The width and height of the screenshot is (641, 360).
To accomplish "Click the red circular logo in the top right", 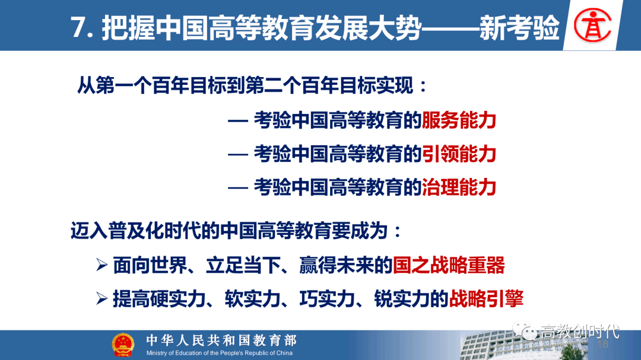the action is (x=593, y=26).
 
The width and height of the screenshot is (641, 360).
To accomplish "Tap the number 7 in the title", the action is (x=78, y=28).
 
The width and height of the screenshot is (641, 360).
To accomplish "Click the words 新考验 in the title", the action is (x=519, y=28).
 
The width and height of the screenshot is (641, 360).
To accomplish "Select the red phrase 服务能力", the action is (x=459, y=120).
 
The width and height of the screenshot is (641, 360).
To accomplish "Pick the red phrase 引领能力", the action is (x=459, y=154).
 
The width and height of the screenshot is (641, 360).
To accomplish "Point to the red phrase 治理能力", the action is (x=459, y=187).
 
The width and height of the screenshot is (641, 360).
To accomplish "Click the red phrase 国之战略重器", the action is (x=449, y=265).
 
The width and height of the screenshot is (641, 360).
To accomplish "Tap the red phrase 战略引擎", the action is (x=486, y=299).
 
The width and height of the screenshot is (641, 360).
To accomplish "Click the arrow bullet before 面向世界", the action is (x=102, y=265).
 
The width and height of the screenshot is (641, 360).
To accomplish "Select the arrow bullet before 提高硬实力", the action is (x=102, y=299).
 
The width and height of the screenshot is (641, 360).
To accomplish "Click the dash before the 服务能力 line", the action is (x=238, y=121).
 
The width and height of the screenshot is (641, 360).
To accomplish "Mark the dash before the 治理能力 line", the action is (x=238, y=188).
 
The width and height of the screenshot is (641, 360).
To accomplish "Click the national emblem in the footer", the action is (x=123, y=345).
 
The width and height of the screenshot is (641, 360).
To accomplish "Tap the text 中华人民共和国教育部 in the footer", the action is (x=221, y=340).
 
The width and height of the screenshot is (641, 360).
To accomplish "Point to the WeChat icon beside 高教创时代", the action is (x=525, y=330).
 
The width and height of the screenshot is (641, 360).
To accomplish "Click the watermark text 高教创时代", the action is (x=580, y=332).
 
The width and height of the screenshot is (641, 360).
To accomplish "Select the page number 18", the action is (x=603, y=344).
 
